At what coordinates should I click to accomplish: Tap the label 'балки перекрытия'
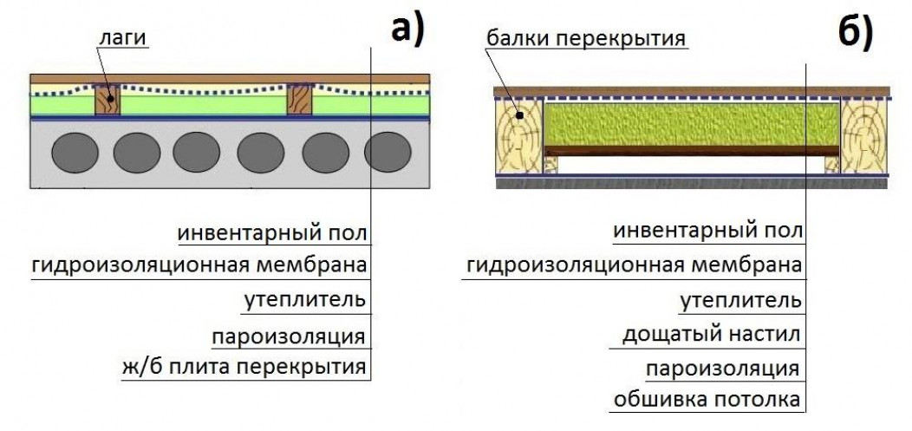[586, 38]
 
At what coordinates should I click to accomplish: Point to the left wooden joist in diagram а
[107, 100]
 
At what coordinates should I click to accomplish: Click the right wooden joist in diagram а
[299, 100]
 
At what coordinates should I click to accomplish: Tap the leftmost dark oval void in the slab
[74, 153]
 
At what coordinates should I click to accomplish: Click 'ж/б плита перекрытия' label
[244, 366]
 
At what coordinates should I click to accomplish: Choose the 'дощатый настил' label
[711, 334]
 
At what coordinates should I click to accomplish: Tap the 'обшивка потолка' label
[707, 400]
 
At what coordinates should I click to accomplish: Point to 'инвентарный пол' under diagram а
[273, 233]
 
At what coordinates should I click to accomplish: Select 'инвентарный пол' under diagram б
[707, 232]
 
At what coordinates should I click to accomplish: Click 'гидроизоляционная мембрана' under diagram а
[199, 265]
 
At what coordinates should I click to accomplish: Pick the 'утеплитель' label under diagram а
[304, 300]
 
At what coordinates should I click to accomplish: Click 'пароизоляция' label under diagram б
[721, 367]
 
